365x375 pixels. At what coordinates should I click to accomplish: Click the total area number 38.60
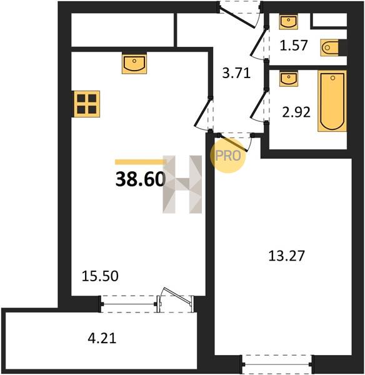click(141, 179)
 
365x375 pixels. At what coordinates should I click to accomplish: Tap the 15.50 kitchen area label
click(100, 276)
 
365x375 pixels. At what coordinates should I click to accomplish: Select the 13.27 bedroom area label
click(286, 256)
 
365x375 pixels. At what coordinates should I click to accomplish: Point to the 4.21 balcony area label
click(102, 338)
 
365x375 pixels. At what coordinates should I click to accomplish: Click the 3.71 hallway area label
click(236, 73)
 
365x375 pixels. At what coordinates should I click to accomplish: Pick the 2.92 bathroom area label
click(296, 112)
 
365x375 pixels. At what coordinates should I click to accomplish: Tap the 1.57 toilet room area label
click(294, 45)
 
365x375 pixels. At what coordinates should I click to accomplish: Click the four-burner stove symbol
click(87, 104)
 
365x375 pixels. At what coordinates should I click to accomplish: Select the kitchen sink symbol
click(134, 63)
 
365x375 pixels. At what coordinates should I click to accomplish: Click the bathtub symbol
click(332, 101)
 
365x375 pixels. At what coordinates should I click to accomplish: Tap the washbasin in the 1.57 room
click(289, 22)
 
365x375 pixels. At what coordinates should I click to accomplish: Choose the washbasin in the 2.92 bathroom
click(289, 78)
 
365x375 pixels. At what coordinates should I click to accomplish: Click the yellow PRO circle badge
click(228, 156)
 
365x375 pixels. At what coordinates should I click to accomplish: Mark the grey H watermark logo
click(182, 184)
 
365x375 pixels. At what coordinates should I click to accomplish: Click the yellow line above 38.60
click(141, 162)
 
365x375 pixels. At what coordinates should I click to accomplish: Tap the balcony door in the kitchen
click(176, 299)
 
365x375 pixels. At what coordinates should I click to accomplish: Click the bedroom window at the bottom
click(277, 364)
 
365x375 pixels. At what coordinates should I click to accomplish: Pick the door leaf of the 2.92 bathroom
click(259, 104)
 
